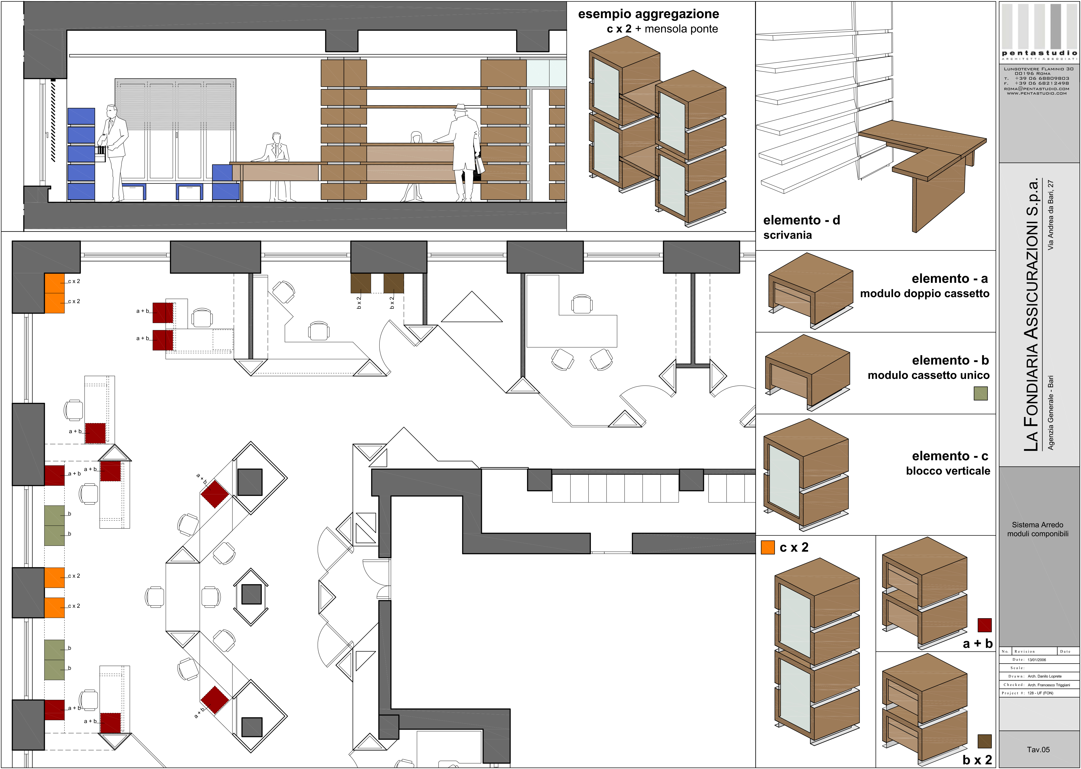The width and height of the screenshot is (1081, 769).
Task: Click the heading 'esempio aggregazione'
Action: pyautogui.click(x=648, y=14)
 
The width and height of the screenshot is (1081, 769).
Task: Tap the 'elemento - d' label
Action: pyautogui.click(x=802, y=220)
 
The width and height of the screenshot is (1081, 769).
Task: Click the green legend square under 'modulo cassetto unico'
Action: pyautogui.click(x=981, y=393)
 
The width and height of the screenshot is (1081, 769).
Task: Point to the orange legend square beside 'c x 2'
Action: pyautogui.click(x=768, y=547)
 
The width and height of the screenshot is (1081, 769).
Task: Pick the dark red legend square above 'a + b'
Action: pyautogui.click(x=984, y=625)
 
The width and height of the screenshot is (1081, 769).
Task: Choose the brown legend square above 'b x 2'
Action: pyautogui.click(x=984, y=741)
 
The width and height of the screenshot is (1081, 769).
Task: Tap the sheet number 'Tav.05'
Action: pyautogui.click(x=1038, y=750)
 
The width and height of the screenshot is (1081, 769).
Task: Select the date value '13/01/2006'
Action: pyautogui.click(x=1037, y=660)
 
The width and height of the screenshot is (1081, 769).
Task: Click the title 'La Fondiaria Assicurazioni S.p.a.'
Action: pyautogui.click(x=1031, y=315)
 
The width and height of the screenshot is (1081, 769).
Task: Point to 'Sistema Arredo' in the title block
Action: pyautogui.click(x=1037, y=525)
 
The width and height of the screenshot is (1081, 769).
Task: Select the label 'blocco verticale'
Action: pyautogui.click(x=948, y=471)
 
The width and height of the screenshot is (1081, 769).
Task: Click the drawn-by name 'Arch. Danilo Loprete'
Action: pyautogui.click(x=1045, y=676)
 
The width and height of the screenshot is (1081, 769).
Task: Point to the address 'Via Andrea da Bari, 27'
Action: pyautogui.click(x=1051, y=215)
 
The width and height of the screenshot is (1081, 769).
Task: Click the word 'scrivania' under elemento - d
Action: pyautogui.click(x=787, y=235)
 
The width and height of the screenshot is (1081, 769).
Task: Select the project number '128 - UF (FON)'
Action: pyautogui.click(x=1040, y=693)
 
